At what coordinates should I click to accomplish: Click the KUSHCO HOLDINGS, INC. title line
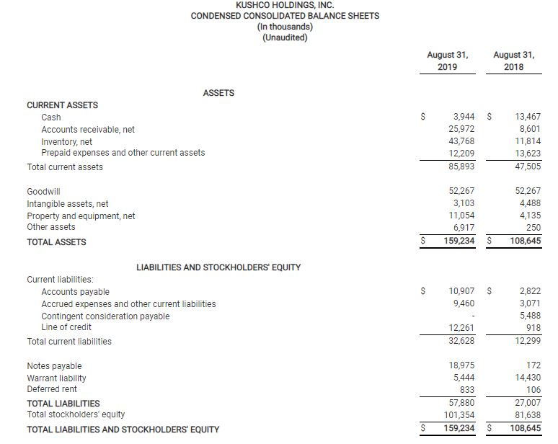coord(285,5)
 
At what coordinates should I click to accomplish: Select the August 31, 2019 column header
coord(447,61)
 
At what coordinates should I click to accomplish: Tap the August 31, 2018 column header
coord(513,61)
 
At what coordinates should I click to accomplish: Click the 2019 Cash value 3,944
coord(463,117)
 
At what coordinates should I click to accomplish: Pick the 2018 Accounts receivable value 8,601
coord(529,129)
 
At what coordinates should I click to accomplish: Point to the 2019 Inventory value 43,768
coord(461,141)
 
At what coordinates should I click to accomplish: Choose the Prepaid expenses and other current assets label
coord(123,153)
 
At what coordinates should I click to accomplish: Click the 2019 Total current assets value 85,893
coord(461,166)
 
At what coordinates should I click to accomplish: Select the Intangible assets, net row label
coord(67,204)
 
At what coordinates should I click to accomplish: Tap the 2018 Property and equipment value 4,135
coord(529,215)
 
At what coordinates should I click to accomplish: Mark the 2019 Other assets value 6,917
coord(463,227)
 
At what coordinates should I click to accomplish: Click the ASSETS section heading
coord(218,93)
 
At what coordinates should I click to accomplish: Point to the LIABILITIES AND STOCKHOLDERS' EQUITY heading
coord(218,267)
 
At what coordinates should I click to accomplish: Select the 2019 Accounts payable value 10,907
coord(461,291)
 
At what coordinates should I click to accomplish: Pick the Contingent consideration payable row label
coord(105,316)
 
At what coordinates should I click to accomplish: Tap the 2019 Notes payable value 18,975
coord(461,366)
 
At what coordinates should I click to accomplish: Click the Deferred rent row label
coord(52,389)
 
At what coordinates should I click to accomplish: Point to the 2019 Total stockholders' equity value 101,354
coord(459,414)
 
